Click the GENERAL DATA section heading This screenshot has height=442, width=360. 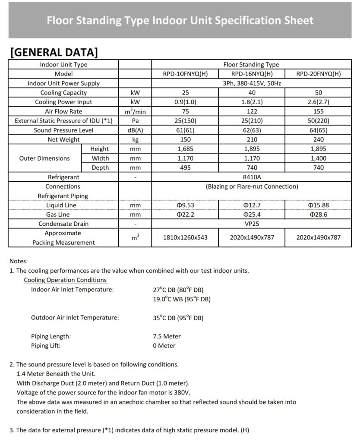click(x=54, y=52)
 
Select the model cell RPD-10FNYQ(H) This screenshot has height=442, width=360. click(x=185, y=74)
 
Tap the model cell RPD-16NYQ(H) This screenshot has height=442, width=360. click(x=252, y=74)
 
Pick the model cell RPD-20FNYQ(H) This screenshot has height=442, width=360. click(x=319, y=74)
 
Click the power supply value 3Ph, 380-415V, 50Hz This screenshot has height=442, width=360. click(x=252, y=83)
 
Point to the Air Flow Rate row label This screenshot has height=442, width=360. click(x=63, y=111)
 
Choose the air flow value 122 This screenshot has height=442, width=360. click(x=252, y=111)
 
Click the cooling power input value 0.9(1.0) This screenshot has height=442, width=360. click(x=185, y=102)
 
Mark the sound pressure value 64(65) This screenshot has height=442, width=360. click(x=319, y=130)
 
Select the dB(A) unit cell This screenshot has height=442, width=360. click(x=135, y=130)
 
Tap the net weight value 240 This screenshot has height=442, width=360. click(x=319, y=139)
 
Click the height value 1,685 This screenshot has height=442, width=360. click(x=185, y=149)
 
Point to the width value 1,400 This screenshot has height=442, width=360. click(x=319, y=158)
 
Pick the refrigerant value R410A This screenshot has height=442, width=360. click(x=252, y=177)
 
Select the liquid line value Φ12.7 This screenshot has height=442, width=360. click(x=252, y=205)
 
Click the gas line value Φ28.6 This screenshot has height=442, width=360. click(x=319, y=215)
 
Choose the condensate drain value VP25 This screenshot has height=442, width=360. click(x=252, y=224)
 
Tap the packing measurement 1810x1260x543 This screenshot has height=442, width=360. click(x=185, y=237)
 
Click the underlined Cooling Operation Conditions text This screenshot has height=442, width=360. click(x=65, y=280)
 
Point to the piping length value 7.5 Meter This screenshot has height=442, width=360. click(x=167, y=336)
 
